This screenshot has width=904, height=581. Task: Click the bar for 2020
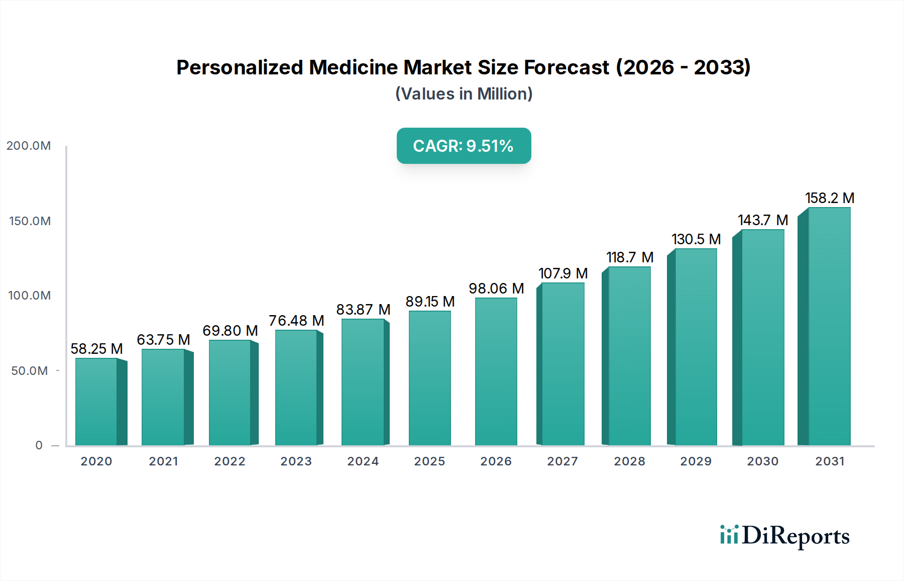tap(96, 402)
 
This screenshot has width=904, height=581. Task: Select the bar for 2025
tap(430, 378)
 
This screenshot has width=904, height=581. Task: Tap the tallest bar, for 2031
tap(829, 327)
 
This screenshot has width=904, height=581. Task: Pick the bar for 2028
tap(629, 356)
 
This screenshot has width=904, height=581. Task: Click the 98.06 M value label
tap(496, 288)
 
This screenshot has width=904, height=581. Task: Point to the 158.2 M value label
tap(830, 198)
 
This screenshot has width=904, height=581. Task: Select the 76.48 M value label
tap(296, 321)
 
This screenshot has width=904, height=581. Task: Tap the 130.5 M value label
tap(696, 239)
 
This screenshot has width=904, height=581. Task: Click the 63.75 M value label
tap(163, 340)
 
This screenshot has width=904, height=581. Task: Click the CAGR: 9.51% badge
tap(464, 146)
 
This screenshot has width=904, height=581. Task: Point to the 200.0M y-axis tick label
tap(29, 146)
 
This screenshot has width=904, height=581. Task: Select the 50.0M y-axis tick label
tap(30, 371)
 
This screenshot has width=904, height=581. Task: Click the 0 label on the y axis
tap(39, 445)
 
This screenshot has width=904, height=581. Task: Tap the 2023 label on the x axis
tap(296, 461)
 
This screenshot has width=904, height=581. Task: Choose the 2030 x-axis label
tap(762, 461)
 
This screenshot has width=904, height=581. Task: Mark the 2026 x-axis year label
tap(496, 461)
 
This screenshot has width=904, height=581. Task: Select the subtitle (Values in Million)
tap(464, 94)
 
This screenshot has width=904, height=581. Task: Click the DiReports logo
tap(784, 536)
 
